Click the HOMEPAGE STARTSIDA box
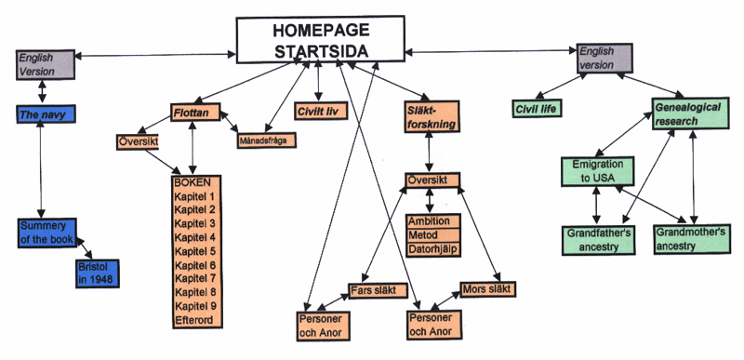tap(320, 40)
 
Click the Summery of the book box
tap(46, 233)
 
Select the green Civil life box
tap(540, 110)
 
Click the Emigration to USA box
tap(597, 170)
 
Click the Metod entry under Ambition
tap(429, 235)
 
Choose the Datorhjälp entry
tap(429, 249)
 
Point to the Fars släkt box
tap(379, 290)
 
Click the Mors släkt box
tap(487, 289)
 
